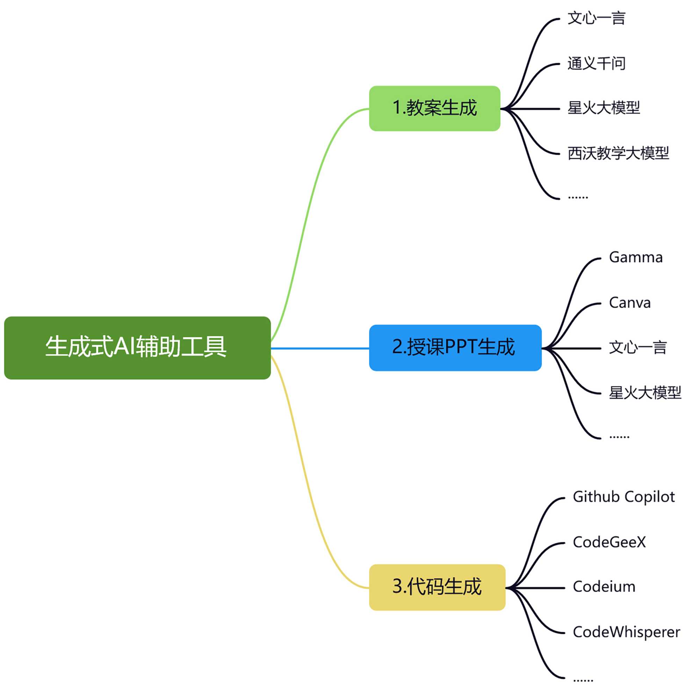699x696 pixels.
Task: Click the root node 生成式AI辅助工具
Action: click(x=137, y=348)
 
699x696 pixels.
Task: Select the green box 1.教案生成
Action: click(x=434, y=108)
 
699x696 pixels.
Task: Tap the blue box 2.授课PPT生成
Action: click(x=455, y=347)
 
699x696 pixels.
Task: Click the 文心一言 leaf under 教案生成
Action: click(x=596, y=18)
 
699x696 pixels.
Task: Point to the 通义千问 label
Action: click(x=596, y=63)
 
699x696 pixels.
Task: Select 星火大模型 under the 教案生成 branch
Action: click(x=604, y=108)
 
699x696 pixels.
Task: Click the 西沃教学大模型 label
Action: click(x=618, y=153)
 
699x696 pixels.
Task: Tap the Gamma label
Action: click(x=636, y=257)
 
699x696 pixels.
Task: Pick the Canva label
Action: click(x=629, y=303)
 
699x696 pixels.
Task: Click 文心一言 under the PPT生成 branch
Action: click(x=637, y=347)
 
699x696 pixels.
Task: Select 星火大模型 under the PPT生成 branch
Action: click(x=645, y=392)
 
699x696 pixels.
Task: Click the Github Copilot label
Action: click(x=624, y=497)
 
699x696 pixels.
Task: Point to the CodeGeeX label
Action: click(x=609, y=542)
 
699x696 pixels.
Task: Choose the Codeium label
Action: click(x=604, y=587)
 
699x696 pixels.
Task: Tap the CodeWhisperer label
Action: click(x=626, y=632)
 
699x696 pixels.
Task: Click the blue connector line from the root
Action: click(x=320, y=348)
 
